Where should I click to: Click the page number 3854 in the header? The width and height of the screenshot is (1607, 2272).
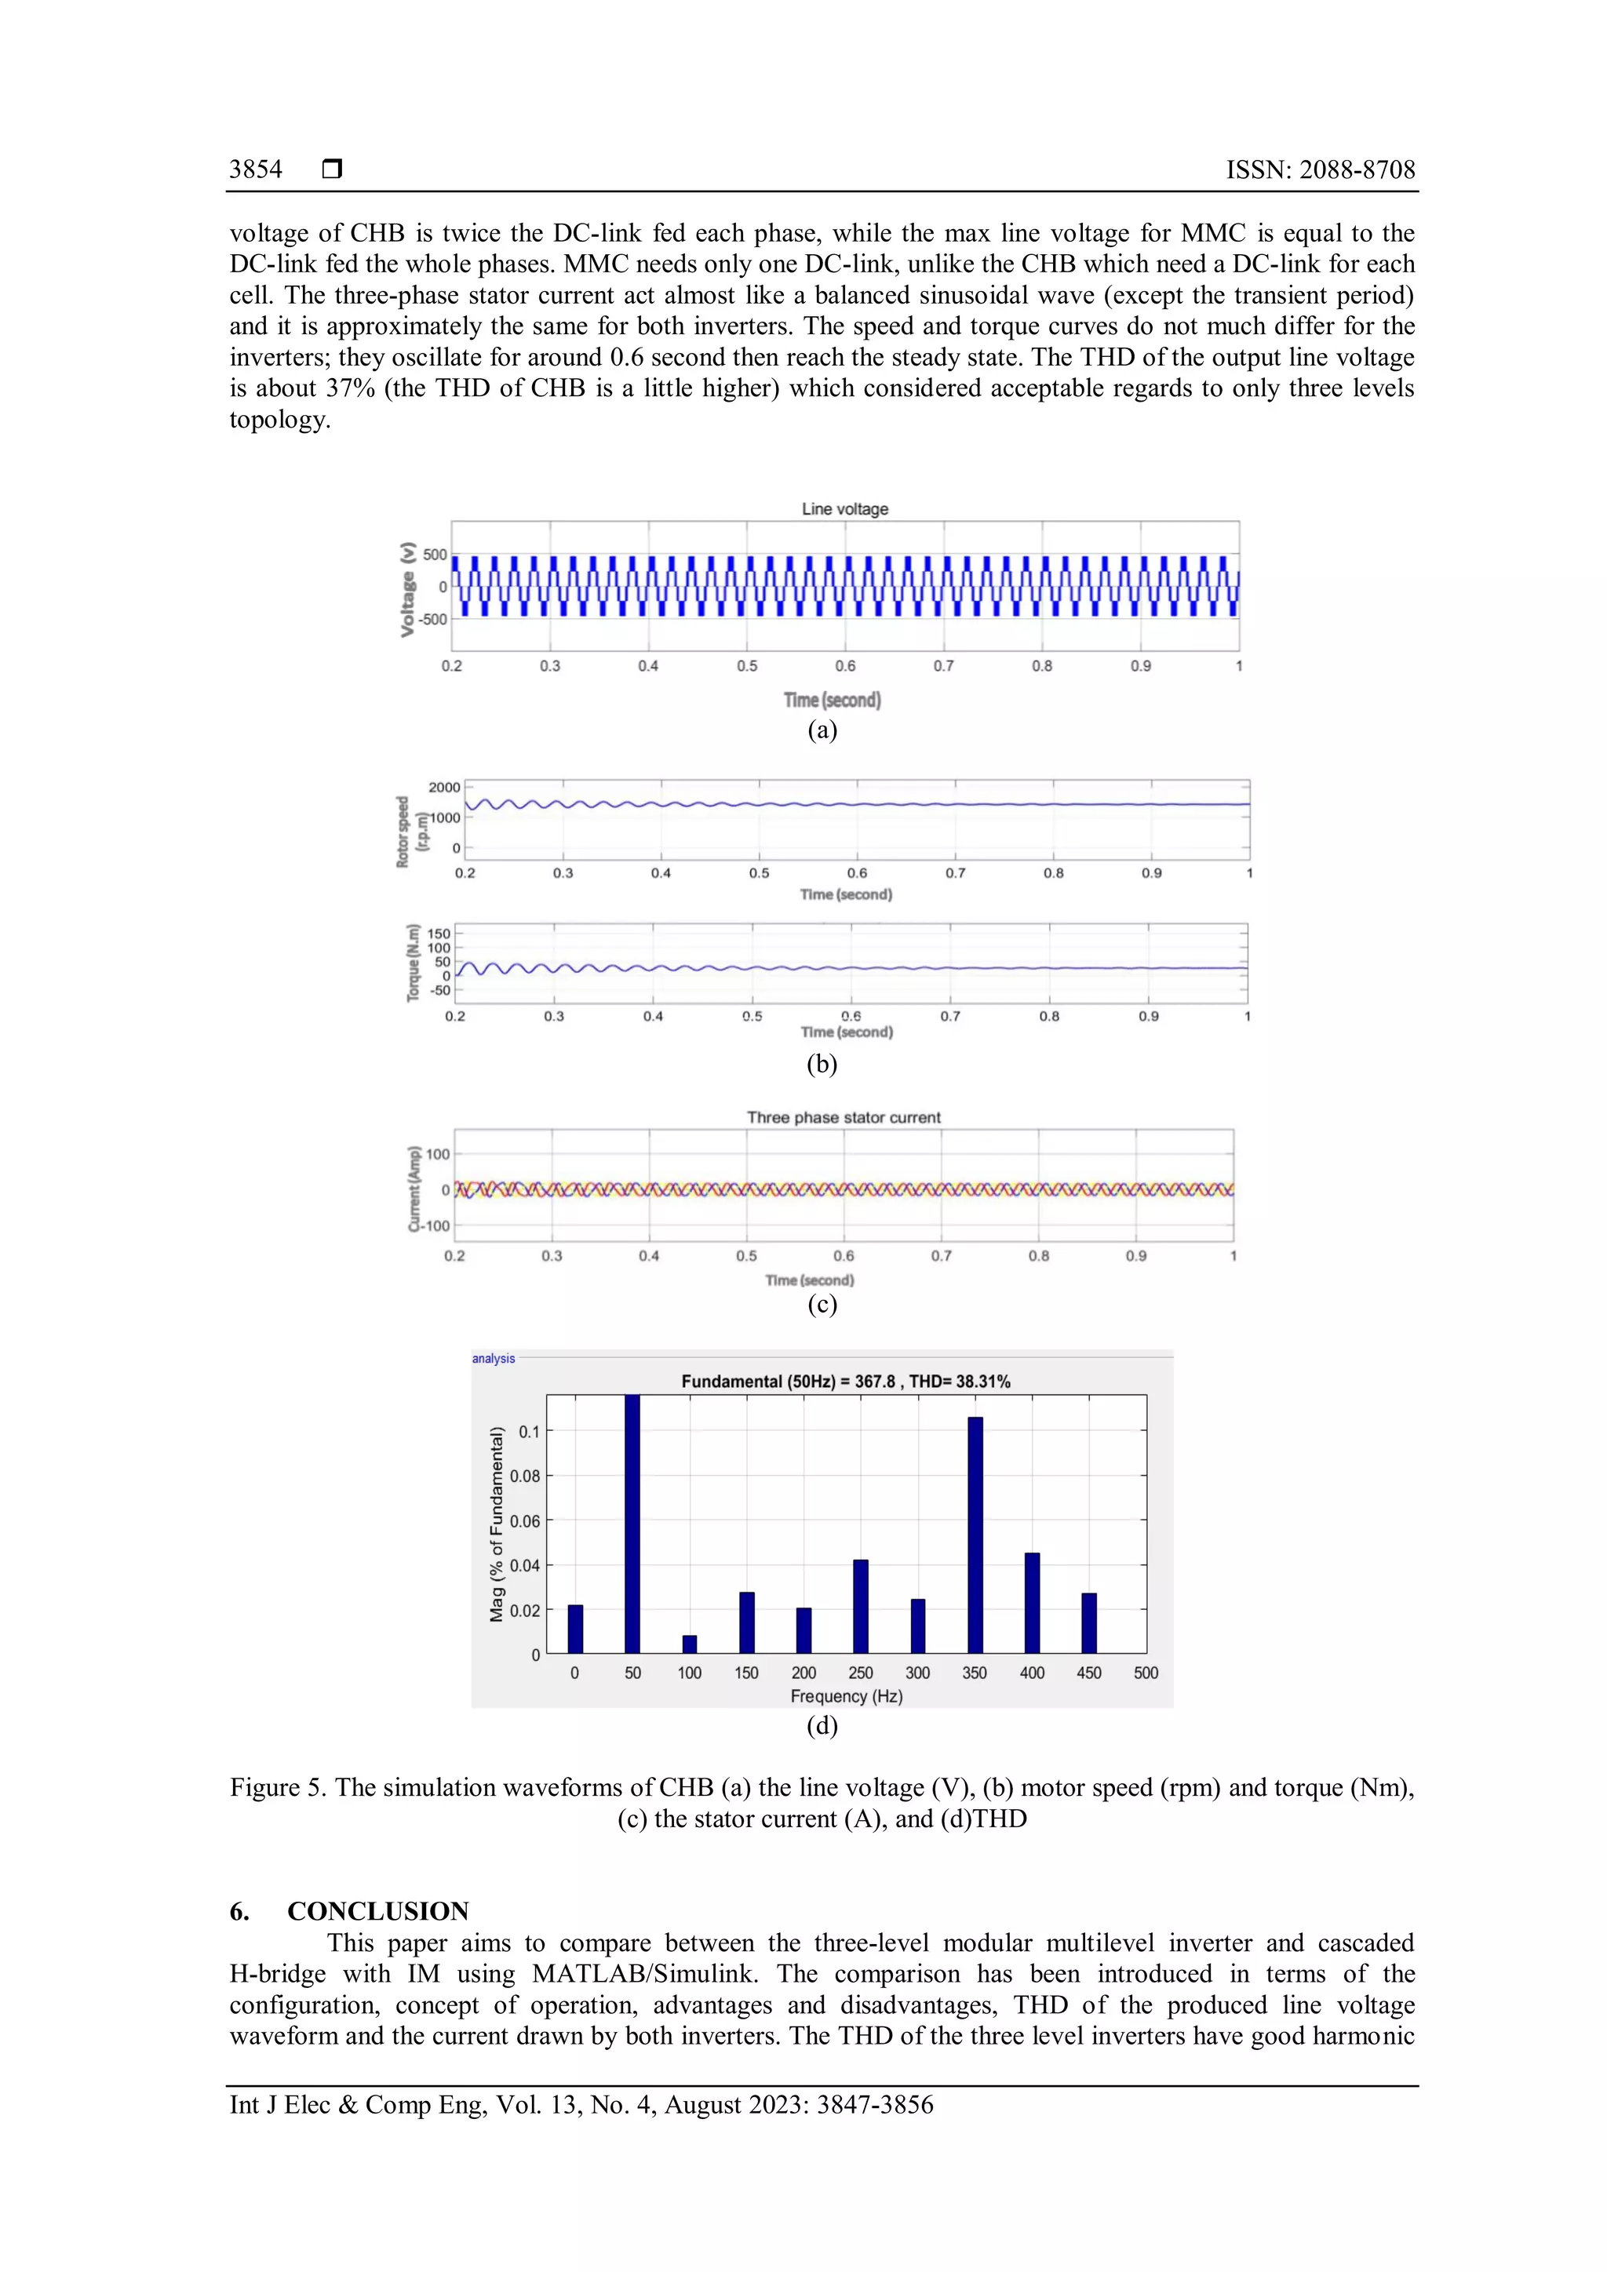(x=255, y=169)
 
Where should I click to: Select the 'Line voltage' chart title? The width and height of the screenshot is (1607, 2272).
(x=844, y=508)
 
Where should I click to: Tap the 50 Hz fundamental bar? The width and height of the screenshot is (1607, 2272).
(x=632, y=1524)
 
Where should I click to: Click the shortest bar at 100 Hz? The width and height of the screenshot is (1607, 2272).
(x=690, y=1644)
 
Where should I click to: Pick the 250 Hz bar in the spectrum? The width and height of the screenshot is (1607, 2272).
(x=861, y=1606)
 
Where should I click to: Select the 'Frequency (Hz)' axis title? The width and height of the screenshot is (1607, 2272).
(x=846, y=1696)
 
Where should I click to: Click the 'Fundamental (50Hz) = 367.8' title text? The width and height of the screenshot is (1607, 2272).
(x=789, y=1382)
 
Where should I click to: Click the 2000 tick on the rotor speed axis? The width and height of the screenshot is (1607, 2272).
(x=444, y=788)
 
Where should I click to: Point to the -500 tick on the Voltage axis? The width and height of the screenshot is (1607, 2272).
(x=433, y=620)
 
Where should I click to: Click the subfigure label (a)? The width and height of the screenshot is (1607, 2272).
(x=822, y=730)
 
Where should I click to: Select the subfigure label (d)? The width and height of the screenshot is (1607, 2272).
(x=822, y=1726)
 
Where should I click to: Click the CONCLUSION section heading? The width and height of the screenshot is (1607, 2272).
(x=378, y=1911)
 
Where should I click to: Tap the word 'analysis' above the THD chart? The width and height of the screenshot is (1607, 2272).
(x=493, y=1359)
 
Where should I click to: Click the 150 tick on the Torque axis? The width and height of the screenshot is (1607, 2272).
(x=439, y=933)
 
